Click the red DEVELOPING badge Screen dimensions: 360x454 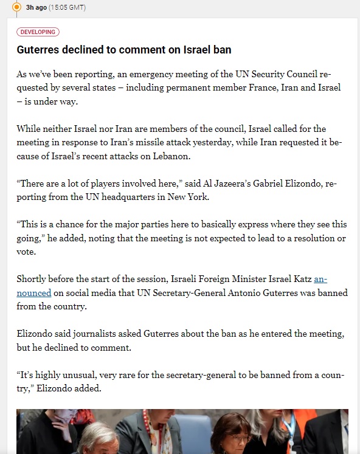(x=38, y=32)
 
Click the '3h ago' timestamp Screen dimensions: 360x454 (x=36, y=7)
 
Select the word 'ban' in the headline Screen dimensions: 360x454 (x=222, y=49)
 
